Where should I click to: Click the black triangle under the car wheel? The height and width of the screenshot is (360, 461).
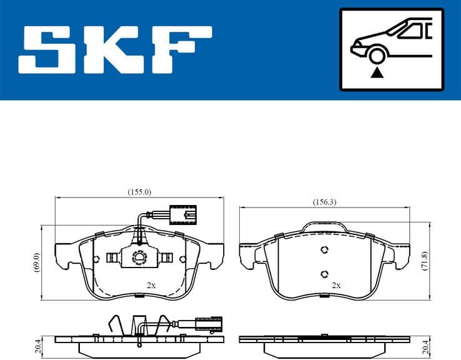(x=376, y=74)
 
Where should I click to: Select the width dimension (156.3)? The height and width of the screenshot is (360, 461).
(x=324, y=201)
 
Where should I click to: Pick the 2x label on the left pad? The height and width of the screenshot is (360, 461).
(x=151, y=285)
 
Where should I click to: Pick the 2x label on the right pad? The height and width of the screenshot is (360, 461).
(x=336, y=285)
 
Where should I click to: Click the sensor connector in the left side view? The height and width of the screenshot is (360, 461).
(x=206, y=324)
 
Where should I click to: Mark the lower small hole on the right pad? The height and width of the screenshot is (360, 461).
(x=324, y=274)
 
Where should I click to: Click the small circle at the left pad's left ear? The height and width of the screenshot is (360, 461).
(x=95, y=259)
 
